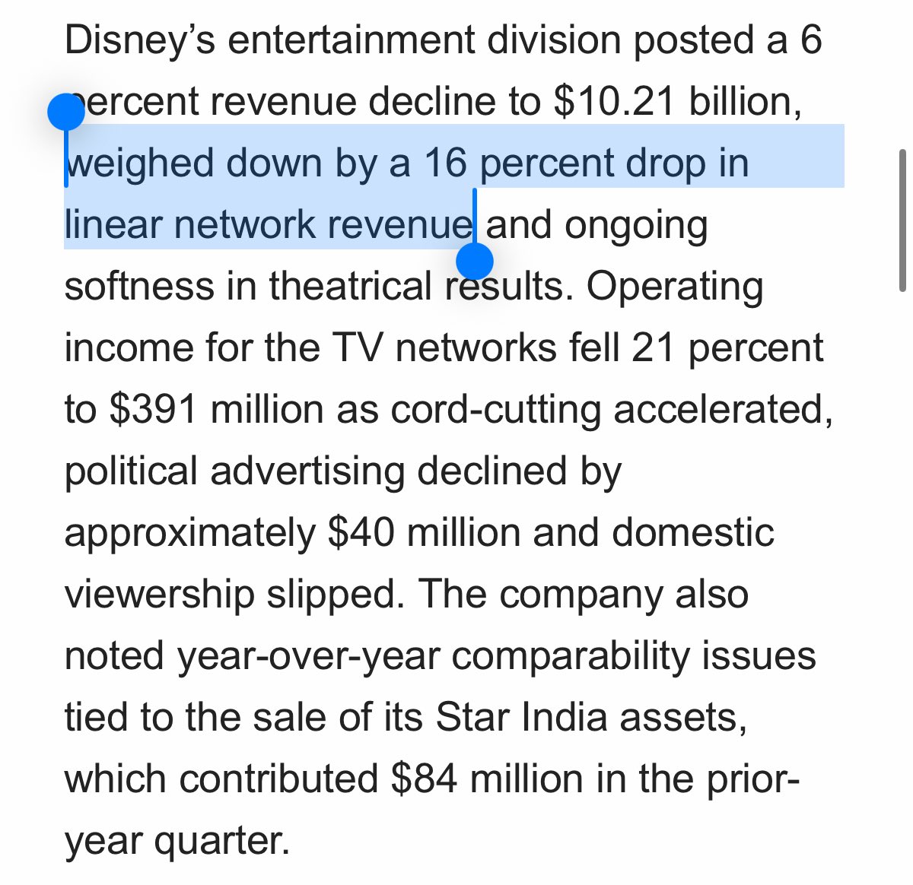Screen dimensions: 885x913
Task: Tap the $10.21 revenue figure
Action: pos(615,101)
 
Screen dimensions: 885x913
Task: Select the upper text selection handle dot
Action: pos(66,113)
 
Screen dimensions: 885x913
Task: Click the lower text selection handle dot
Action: pos(475,262)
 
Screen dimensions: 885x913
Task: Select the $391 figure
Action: pos(154,409)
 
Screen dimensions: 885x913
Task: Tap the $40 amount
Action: pos(361,532)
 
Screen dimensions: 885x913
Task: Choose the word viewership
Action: pos(159,594)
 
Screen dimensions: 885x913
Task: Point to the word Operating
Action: pos(675,286)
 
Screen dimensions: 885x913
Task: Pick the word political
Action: pos(131,471)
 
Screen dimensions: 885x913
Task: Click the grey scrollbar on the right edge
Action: pos(902,220)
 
